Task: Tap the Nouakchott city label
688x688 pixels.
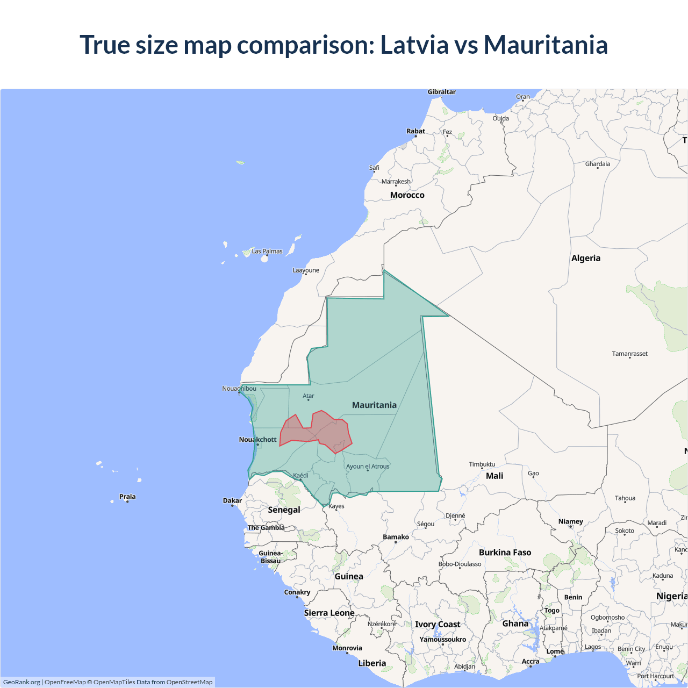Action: (x=257, y=440)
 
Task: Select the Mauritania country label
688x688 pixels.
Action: (x=374, y=405)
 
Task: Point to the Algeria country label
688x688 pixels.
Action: (x=586, y=258)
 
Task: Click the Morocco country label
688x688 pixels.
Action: (x=407, y=195)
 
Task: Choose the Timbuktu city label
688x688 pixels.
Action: (x=482, y=464)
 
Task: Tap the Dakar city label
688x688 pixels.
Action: (x=232, y=500)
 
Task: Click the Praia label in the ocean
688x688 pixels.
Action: (x=127, y=497)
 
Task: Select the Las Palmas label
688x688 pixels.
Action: (x=267, y=251)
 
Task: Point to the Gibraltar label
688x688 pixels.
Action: (x=441, y=92)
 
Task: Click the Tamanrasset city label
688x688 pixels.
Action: (x=629, y=354)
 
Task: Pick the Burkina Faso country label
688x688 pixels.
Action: (x=505, y=553)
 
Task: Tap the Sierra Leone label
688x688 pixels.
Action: (x=329, y=613)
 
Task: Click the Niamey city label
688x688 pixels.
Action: (x=570, y=521)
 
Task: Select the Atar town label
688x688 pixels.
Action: (x=309, y=396)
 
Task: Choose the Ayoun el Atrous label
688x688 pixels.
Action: (x=368, y=467)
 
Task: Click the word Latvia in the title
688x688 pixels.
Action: (x=414, y=45)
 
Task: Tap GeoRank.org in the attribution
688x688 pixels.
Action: (x=21, y=682)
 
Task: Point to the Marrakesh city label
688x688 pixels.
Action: (x=396, y=182)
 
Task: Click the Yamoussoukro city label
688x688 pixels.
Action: (x=442, y=640)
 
